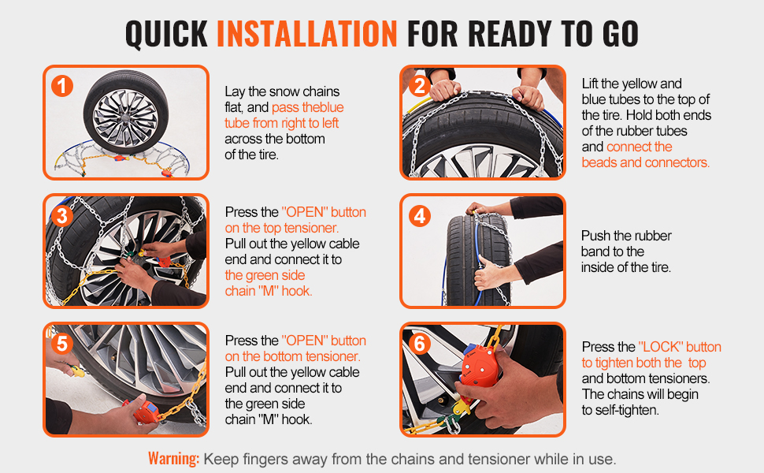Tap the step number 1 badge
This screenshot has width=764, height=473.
62,85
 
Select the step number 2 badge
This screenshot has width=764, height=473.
419,85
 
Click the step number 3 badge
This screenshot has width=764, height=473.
62,214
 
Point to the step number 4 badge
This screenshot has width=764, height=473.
419,214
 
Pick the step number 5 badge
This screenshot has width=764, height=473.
62,344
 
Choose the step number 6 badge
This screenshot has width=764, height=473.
419,344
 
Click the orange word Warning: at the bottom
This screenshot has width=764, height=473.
173,458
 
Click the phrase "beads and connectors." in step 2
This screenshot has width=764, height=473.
645,162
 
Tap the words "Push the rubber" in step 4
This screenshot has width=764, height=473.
626,236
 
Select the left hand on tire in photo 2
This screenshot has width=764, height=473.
446,88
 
